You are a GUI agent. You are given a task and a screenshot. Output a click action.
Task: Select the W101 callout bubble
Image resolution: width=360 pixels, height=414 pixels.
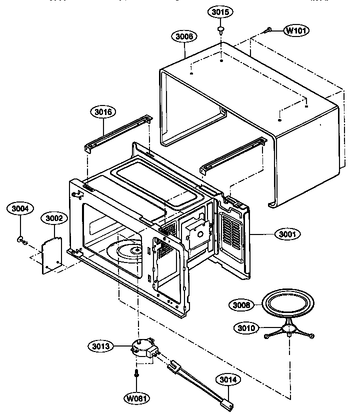tap(296, 30)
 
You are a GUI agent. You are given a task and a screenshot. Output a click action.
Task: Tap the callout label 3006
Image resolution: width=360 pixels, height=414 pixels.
tap(184, 36)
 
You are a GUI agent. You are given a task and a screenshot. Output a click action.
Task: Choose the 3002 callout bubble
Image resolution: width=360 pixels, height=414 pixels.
tap(54, 218)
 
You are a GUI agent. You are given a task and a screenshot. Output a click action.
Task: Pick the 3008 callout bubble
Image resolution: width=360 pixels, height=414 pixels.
tap(242, 304)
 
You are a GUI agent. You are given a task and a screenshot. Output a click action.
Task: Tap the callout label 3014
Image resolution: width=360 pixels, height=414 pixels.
tap(227, 379)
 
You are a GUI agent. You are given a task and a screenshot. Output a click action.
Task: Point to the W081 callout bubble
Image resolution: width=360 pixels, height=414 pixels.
tap(136, 398)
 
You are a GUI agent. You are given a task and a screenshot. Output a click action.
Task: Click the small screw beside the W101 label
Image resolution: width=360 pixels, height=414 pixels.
tap(268, 30)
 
